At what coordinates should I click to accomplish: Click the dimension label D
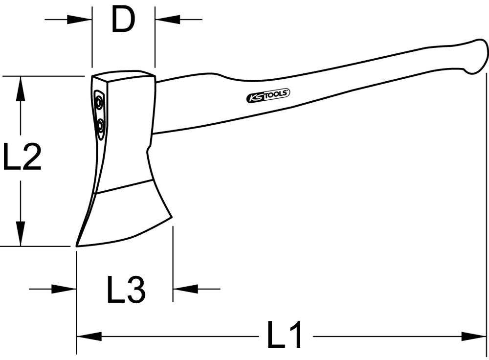pyautogui.click(x=123, y=20)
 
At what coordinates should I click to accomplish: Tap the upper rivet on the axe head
pyautogui.click(x=99, y=103)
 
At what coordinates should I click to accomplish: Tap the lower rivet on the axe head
pyautogui.click(x=100, y=126)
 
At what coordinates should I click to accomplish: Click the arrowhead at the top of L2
pyautogui.click(x=20, y=88)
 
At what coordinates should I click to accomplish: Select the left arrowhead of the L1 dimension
pyautogui.click(x=88, y=336)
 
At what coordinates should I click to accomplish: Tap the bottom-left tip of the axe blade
pyautogui.click(x=77, y=245)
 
